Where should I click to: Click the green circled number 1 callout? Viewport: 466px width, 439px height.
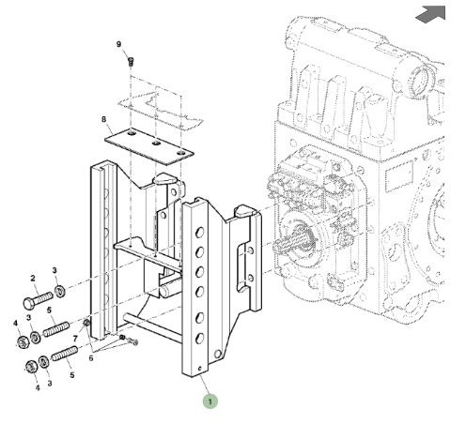(210, 401)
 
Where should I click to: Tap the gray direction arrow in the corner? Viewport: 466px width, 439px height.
(431, 14)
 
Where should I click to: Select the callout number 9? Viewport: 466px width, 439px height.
(118, 44)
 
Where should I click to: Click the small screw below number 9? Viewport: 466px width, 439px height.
(131, 62)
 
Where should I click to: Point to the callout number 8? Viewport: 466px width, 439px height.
(103, 119)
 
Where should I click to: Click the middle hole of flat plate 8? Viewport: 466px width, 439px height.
(156, 144)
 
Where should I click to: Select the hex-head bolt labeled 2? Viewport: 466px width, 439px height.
(38, 299)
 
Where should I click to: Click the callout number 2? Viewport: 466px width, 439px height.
(33, 278)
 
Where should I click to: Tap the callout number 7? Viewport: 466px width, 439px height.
(75, 339)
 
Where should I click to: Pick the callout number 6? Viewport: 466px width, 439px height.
(91, 358)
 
